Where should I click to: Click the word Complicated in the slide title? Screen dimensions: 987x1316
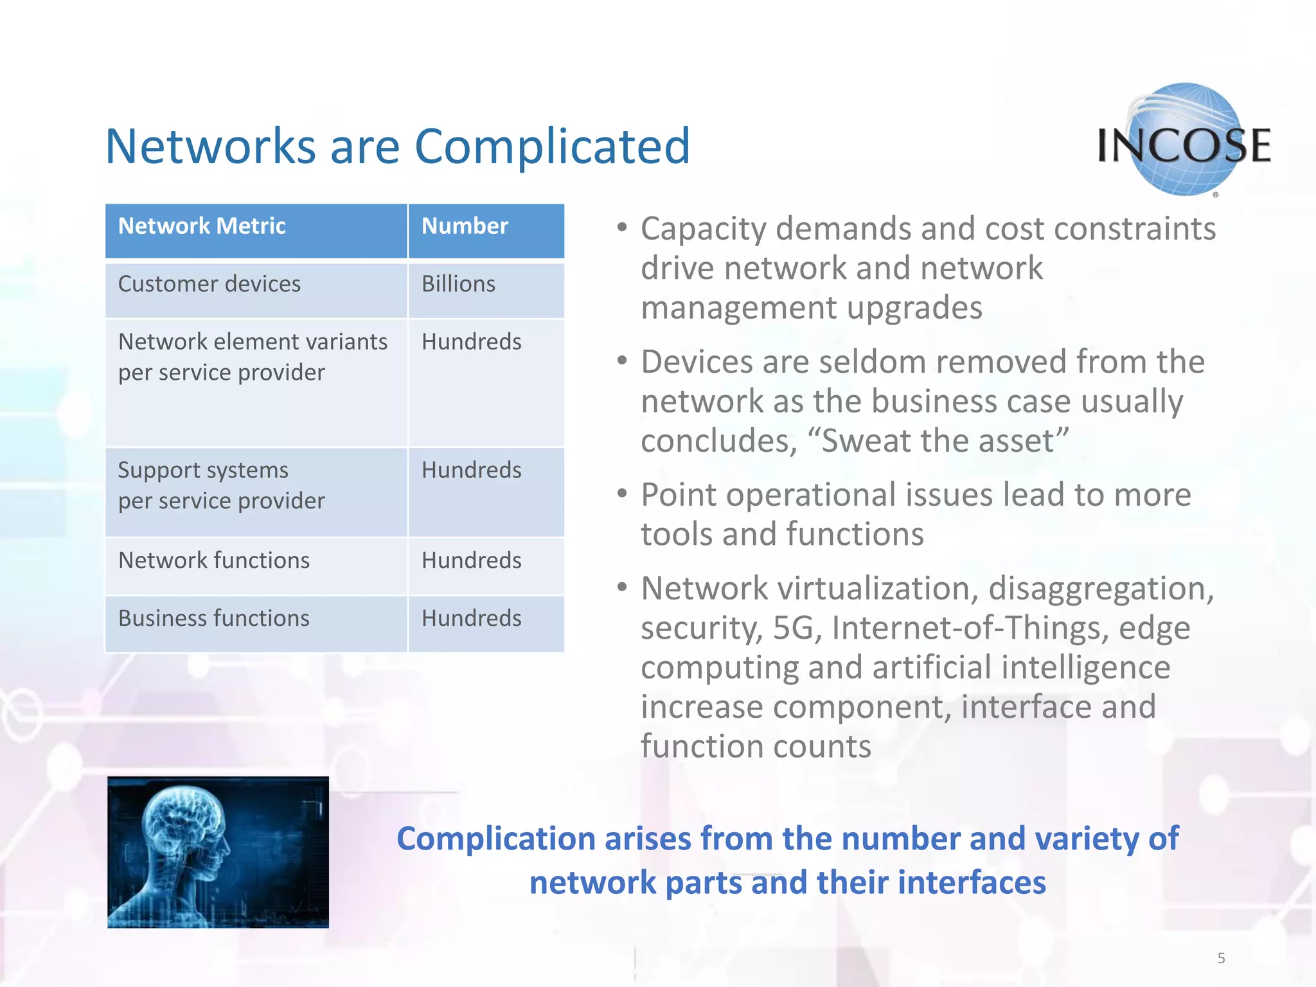pyautogui.click(x=552, y=147)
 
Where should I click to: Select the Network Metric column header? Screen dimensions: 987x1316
pyautogui.click(x=202, y=226)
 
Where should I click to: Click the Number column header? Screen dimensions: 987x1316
pyautogui.click(x=465, y=226)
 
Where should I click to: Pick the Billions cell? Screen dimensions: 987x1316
pyautogui.click(x=458, y=284)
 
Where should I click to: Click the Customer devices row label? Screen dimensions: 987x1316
pyautogui.click(x=209, y=284)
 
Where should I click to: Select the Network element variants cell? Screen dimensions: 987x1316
pyautogui.click(x=253, y=357)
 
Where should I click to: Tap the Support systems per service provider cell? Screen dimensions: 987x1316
pyautogui.click(x=221, y=485)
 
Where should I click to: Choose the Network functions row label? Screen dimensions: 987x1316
pyautogui.click(x=214, y=560)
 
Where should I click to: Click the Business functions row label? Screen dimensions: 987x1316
pyautogui.click(x=214, y=618)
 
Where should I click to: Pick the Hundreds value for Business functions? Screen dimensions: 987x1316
pyautogui.click(x=471, y=618)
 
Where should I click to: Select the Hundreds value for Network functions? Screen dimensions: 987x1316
pyautogui.click(x=471, y=560)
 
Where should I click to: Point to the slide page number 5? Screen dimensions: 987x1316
pyautogui.click(x=1221, y=958)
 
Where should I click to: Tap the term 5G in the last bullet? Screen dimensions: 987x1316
pyautogui.click(x=793, y=628)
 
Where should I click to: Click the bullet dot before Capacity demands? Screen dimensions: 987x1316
pyautogui.click(x=621, y=227)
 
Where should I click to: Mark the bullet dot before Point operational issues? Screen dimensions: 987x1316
pyautogui.click(x=621, y=493)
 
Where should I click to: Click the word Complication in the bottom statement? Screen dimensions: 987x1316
pyautogui.click(x=496, y=839)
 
